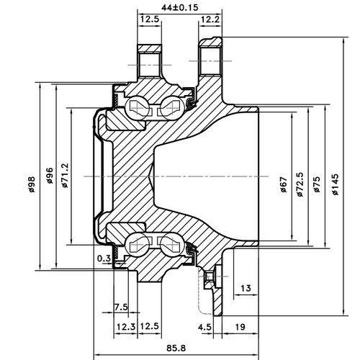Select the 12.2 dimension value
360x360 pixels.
(210, 19)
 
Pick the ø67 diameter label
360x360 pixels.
(283, 186)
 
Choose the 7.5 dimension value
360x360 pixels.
(121, 307)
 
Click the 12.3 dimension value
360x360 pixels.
(126, 326)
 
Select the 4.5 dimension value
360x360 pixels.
(205, 326)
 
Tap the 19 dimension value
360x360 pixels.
(240, 326)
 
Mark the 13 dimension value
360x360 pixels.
(246, 289)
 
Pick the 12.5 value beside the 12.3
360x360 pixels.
(150, 326)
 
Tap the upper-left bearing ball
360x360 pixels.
(137, 108)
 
